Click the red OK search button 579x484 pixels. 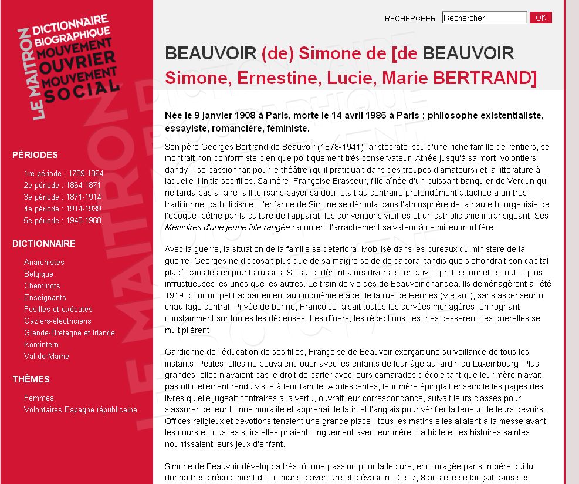click(540, 18)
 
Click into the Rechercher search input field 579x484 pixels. click(484, 18)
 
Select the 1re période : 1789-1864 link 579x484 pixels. click(63, 174)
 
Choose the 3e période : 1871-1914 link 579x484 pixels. click(62, 197)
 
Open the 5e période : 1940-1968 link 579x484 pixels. click(62, 221)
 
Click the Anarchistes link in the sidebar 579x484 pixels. click(44, 263)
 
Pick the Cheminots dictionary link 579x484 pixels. click(42, 286)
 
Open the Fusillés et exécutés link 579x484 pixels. click(58, 310)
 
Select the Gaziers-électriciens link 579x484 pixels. click(57, 321)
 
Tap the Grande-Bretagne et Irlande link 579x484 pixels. click(69, 333)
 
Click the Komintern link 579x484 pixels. click(41, 345)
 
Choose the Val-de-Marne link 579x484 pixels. click(46, 357)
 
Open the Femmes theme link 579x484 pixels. click(39, 398)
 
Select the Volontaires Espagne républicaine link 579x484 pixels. click(80, 410)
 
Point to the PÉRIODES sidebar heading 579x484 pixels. click(35, 155)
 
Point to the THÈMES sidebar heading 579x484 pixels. click(31, 379)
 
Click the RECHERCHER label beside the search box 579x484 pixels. click(410, 19)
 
